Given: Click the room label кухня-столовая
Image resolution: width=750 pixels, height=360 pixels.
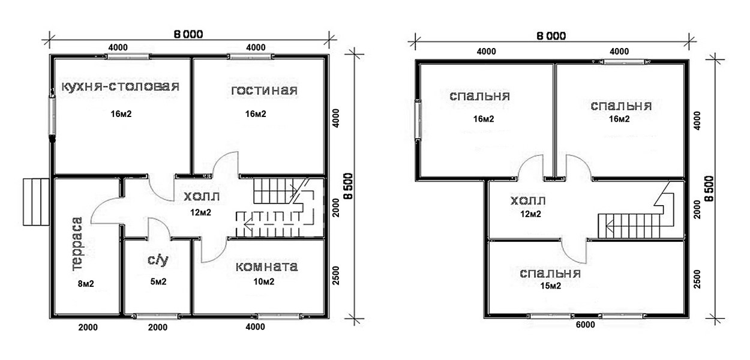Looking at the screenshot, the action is [x=121, y=86].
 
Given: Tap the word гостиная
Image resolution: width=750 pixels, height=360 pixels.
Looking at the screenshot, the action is [x=264, y=91].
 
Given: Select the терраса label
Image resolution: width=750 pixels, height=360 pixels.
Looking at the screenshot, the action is [x=77, y=244].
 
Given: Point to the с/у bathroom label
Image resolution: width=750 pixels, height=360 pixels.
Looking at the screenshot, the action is [x=158, y=260].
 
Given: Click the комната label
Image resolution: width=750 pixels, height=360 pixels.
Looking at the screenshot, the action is [x=267, y=267].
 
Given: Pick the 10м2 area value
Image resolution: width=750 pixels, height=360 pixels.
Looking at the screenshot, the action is [x=264, y=282].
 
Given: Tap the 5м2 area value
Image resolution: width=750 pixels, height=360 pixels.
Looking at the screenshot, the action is [x=158, y=282].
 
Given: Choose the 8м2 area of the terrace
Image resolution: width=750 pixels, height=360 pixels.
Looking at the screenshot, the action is [x=86, y=284].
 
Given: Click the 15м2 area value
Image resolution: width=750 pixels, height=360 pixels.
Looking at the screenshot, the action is [x=551, y=286].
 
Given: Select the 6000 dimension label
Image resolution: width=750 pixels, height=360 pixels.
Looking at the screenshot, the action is [x=586, y=325].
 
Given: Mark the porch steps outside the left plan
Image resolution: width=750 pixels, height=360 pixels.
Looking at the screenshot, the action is [x=36, y=202].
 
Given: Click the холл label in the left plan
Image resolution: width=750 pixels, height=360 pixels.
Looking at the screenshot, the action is [x=202, y=197].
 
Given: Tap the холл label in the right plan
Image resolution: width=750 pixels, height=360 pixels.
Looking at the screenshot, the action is [x=528, y=201].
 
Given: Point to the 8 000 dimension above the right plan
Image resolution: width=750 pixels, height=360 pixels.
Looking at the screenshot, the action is [x=551, y=36].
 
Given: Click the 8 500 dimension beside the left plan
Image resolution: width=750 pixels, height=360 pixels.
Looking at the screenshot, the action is [x=349, y=186].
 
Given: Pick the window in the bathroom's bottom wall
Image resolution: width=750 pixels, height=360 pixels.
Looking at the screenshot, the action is [x=157, y=316].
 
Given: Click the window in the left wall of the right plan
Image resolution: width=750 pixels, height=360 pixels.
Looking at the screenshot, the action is [x=418, y=119].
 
